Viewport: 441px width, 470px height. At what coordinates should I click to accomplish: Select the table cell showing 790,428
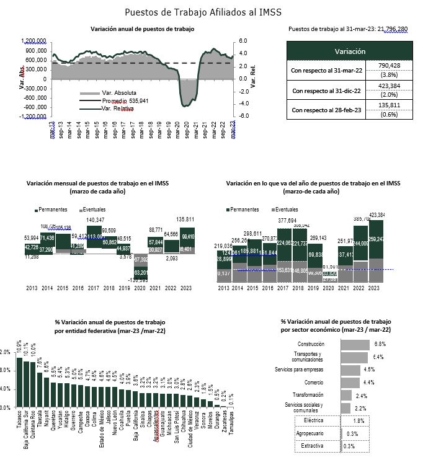[389, 66]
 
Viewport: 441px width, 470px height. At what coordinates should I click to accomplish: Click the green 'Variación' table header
[350, 51]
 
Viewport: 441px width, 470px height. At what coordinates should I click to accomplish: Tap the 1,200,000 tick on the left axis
[33, 42]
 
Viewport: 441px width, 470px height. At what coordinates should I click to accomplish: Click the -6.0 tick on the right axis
[244, 116]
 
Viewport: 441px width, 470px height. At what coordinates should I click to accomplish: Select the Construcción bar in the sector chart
[355, 344]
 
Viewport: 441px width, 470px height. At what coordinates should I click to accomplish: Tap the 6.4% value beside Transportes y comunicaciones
[378, 357]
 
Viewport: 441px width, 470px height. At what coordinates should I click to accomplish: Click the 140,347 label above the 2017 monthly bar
[95, 220]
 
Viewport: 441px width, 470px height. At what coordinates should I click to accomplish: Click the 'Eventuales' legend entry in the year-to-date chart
[285, 209]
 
